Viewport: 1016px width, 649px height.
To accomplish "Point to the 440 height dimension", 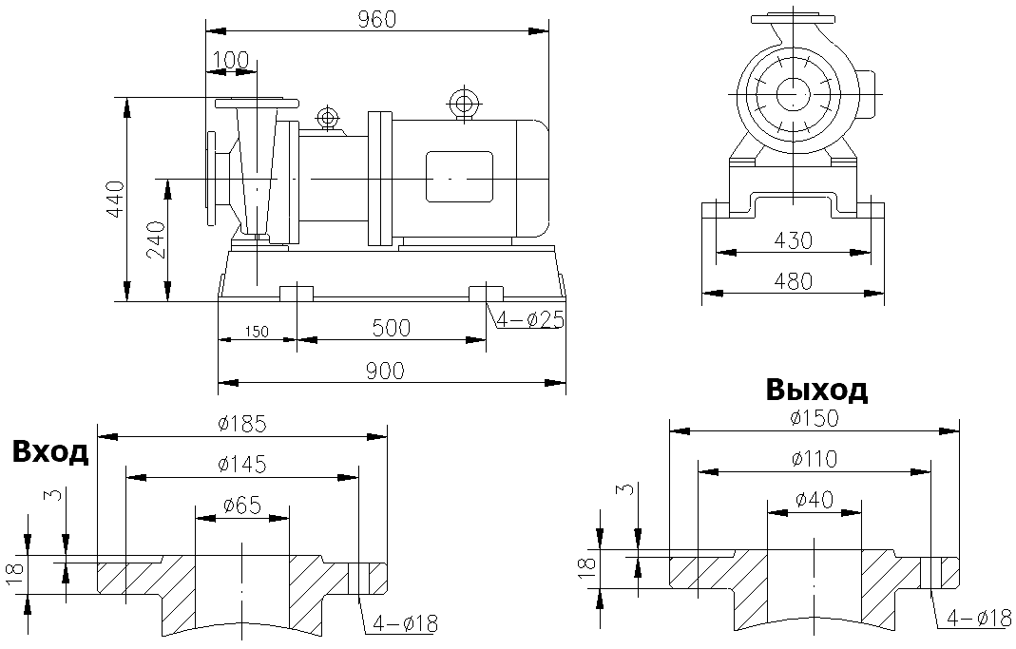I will tap(115, 200).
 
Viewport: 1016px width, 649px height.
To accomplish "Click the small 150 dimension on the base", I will tap(257, 332).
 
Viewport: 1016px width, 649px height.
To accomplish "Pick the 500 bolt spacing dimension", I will tap(391, 328).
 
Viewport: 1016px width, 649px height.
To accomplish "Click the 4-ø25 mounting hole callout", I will tap(529, 320).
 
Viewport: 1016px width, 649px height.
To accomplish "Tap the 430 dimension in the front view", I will tap(793, 240).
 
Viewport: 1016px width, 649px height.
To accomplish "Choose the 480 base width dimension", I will tap(793, 281).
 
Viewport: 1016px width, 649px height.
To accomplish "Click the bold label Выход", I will tap(815, 390).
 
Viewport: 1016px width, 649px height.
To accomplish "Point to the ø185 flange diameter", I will tap(242, 423).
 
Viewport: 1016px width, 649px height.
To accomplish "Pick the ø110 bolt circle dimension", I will tap(814, 459).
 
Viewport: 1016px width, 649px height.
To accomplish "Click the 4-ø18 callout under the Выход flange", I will tap(976, 618).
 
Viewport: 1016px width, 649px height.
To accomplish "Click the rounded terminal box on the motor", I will tap(459, 177).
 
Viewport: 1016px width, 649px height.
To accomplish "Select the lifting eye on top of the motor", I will tap(464, 103).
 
